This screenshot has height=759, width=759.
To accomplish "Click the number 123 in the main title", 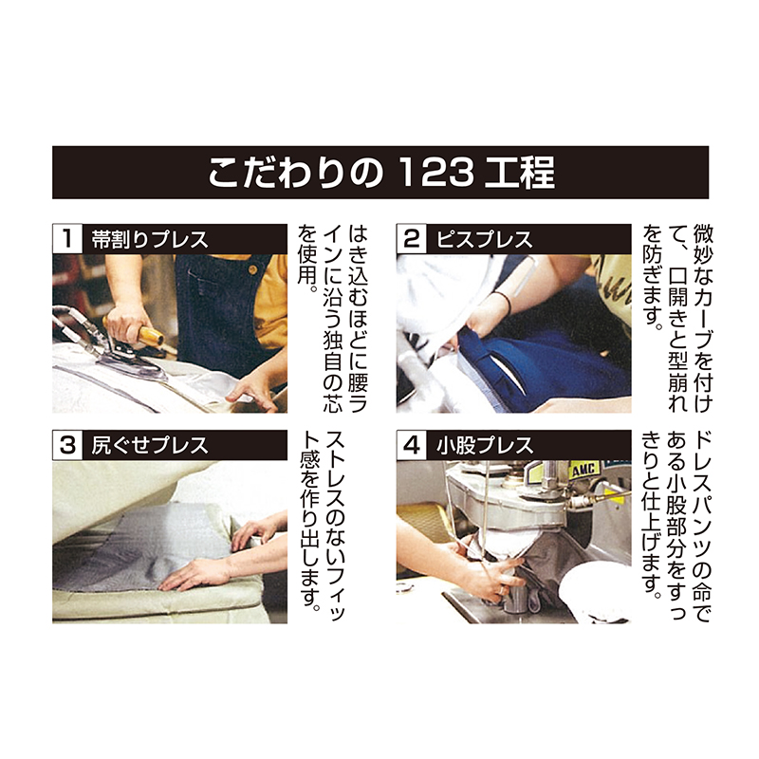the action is [x=437, y=173].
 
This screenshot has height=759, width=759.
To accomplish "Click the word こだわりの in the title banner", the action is [x=296, y=173].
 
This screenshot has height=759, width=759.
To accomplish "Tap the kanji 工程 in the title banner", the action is [x=519, y=173].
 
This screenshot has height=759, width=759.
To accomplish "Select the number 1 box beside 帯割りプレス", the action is [x=67, y=239].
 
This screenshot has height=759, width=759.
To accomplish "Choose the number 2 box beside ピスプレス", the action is [x=412, y=239].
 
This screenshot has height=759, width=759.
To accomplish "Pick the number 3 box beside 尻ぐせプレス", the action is [x=67, y=445].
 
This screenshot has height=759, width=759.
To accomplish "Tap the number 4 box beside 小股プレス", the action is [x=412, y=445].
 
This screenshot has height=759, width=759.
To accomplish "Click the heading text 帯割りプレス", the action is [x=150, y=240].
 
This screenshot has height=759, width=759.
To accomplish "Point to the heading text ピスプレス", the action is [x=485, y=240].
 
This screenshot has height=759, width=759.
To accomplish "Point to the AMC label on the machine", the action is [x=585, y=470].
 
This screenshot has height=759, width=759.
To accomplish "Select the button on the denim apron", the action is [x=251, y=269].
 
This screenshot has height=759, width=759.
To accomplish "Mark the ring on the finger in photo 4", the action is [x=504, y=590].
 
